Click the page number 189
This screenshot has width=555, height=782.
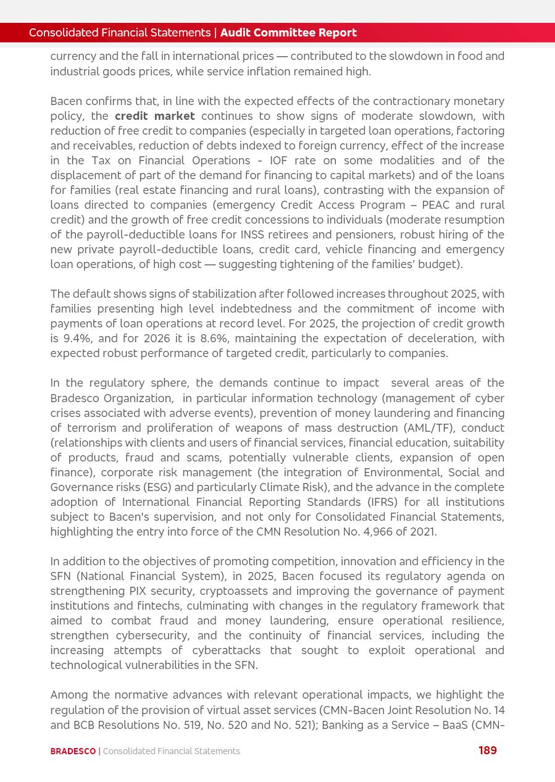487,750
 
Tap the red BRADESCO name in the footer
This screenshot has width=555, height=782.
73,751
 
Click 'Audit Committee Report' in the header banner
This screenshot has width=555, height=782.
288,33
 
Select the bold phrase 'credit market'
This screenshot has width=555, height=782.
154,116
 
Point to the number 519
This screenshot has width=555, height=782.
196,725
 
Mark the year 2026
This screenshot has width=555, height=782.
157,338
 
